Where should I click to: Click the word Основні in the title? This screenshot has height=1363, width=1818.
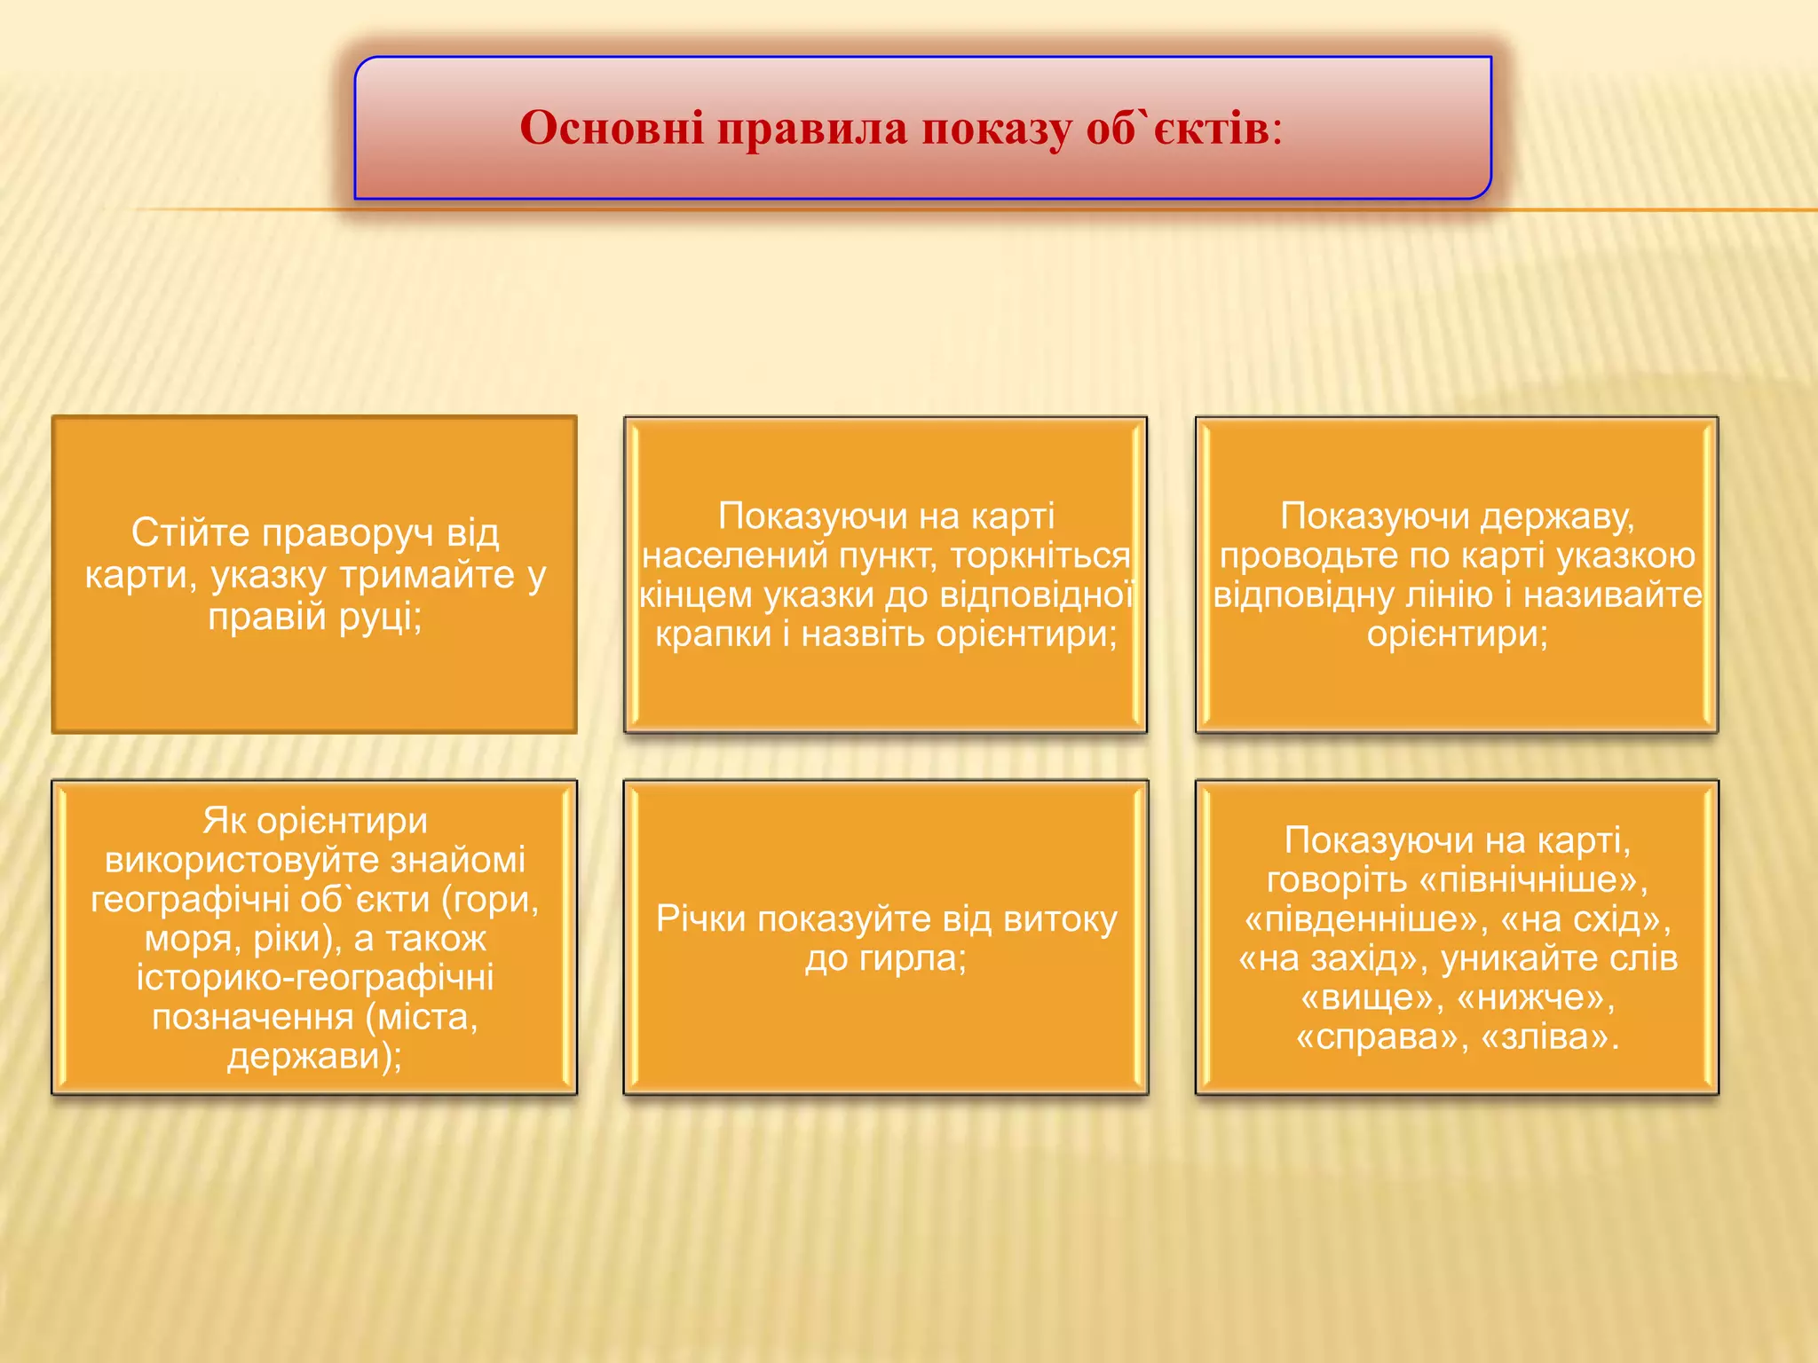click(x=613, y=129)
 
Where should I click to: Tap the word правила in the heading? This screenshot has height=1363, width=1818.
click(x=812, y=129)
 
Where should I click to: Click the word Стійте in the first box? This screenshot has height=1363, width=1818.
click(x=191, y=532)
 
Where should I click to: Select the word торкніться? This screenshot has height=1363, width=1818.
click(x=1039, y=556)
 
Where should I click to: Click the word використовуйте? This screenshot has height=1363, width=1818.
click(x=314, y=861)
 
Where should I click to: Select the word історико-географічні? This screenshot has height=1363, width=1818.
click(x=314, y=978)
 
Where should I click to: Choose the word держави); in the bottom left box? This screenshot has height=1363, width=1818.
click(x=314, y=1056)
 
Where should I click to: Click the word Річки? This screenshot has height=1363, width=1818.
click(x=700, y=919)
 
